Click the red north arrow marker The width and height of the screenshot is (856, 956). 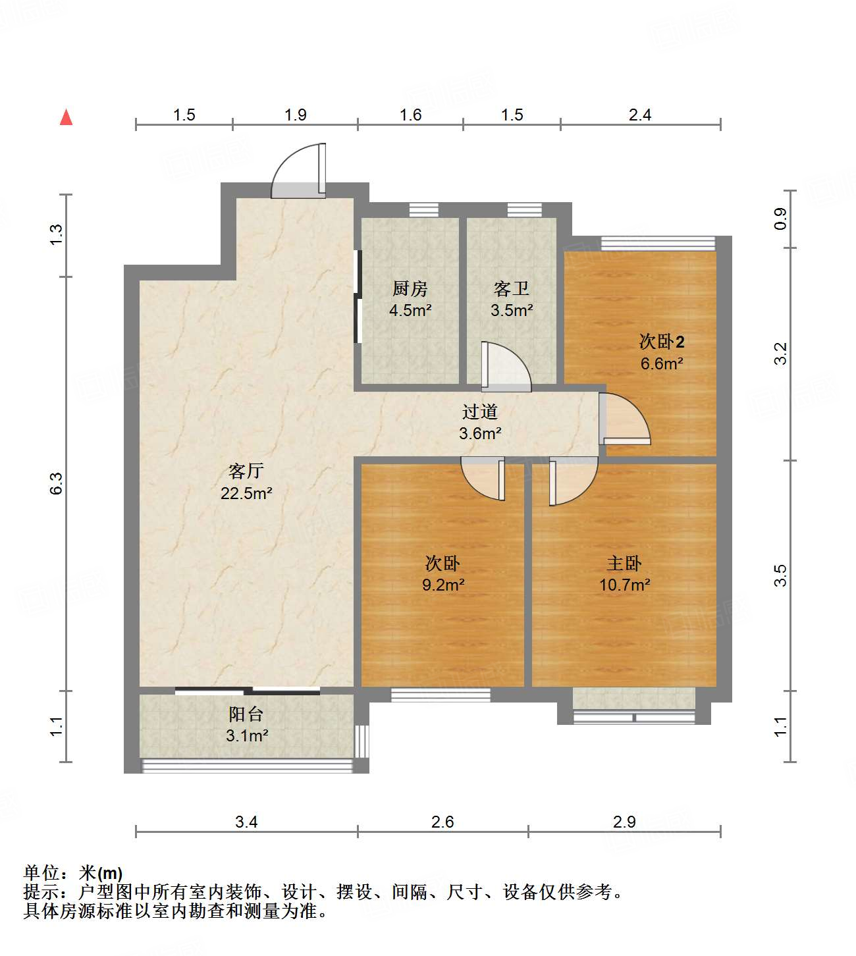point(66,117)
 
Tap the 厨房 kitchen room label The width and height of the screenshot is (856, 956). point(410,288)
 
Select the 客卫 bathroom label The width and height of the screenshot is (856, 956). point(511,288)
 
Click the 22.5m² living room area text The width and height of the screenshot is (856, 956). point(246,493)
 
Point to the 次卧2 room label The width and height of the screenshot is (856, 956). point(662,342)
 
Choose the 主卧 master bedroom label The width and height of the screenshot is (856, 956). point(624,564)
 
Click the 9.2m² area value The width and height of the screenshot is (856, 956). point(443,585)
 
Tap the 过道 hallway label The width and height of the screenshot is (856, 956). point(479,412)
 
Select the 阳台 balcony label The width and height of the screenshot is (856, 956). point(246,714)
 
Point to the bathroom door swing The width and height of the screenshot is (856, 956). point(506,367)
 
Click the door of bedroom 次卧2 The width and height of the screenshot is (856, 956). point(624,419)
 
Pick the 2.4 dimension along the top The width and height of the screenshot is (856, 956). point(639,115)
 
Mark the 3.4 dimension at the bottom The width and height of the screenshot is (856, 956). point(246,822)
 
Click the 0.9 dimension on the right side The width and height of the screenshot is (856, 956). point(780,219)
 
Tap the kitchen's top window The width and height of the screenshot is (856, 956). point(423,210)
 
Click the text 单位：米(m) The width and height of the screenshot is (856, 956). point(72,873)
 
